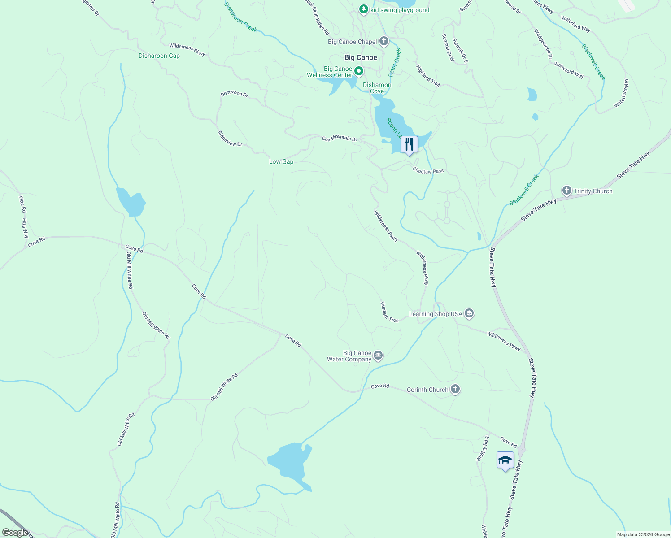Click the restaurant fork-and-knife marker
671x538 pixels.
(x=409, y=144)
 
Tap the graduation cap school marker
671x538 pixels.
(x=505, y=460)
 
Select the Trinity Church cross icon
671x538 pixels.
(x=566, y=191)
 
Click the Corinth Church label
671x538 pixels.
(x=427, y=390)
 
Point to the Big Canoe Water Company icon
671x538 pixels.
(x=378, y=356)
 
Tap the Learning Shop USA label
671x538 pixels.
(x=435, y=314)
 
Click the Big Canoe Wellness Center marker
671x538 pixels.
(x=359, y=71)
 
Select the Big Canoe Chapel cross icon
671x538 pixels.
(x=383, y=42)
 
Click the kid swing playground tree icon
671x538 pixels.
(x=363, y=9)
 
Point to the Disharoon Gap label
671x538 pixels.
(x=159, y=56)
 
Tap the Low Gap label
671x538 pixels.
(x=281, y=161)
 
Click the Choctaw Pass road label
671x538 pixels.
(x=428, y=171)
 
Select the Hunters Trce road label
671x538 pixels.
(x=389, y=312)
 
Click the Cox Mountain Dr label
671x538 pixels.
(x=339, y=139)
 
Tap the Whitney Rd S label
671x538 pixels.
(x=482, y=448)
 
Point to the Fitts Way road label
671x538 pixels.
(x=25, y=228)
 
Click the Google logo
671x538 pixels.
(x=15, y=533)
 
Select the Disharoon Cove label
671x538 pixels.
(x=377, y=88)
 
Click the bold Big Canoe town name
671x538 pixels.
(x=361, y=57)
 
